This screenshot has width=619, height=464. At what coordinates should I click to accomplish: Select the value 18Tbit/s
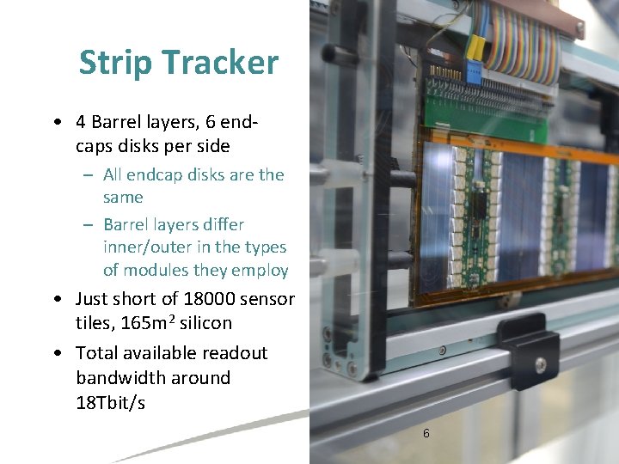click(110, 402)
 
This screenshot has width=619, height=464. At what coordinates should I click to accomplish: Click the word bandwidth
click(153, 378)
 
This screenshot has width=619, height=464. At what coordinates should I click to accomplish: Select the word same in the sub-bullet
click(123, 198)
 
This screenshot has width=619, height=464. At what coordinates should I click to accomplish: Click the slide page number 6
click(426, 433)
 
